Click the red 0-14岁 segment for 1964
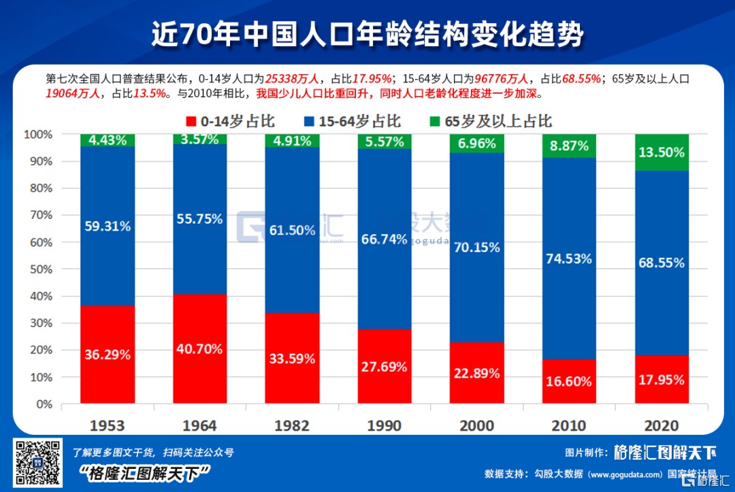click(199, 320)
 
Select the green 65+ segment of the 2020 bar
click(661, 152)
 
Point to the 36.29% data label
click(108, 355)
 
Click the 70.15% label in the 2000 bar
click(477, 248)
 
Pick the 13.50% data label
click(661, 152)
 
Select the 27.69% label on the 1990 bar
click(385, 367)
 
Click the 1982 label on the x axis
click(292, 425)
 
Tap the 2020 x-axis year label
click(661, 425)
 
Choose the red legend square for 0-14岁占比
click(191, 122)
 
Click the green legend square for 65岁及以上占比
click(436, 122)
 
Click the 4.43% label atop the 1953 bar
click(108, 141)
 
